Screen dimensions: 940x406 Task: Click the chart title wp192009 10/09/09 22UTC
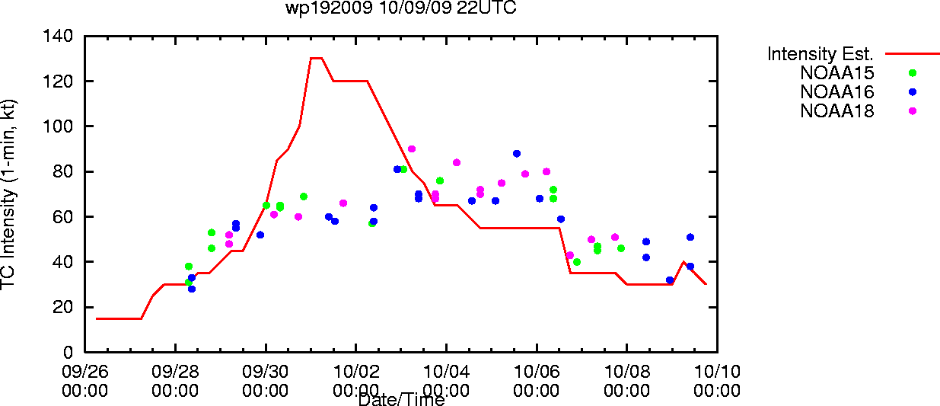point(401,8)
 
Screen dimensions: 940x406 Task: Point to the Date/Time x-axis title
point(401,399)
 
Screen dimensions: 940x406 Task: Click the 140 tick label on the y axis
point(58,36)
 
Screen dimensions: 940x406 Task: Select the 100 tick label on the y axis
point(58,126)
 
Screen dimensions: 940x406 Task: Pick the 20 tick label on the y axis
point(62,307)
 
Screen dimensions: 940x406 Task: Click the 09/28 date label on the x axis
point(175,372)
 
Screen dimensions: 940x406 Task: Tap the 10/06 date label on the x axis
point(537,372)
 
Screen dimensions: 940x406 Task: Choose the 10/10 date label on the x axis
point(717,372)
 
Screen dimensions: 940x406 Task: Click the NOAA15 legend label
point(836,73)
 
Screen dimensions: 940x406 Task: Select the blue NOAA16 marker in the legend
point(913,92)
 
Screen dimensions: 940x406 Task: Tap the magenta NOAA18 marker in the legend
point(913,111)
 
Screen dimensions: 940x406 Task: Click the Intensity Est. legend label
point(820,54)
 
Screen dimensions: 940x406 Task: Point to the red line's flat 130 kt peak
point(316,58)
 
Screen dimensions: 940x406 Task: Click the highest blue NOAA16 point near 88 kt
point(517,154)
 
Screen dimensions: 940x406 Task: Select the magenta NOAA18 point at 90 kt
point(412,149)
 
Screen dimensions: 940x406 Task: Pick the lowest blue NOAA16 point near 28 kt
point(192,289)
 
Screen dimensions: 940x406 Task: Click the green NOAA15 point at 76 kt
point(440,181)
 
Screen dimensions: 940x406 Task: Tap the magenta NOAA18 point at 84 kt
point(457,162)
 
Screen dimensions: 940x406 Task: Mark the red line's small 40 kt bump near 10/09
point(683,262)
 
